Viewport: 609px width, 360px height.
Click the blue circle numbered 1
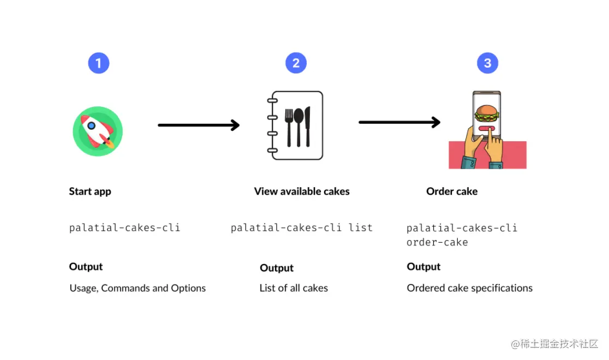pos(98,63)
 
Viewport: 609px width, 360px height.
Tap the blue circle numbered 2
pos(296,63)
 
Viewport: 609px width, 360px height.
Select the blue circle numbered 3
pos(487,63)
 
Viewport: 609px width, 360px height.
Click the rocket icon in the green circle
pos(98,131)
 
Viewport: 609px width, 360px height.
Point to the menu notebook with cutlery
pos(296,125)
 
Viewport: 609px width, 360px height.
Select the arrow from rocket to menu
pos(198,125)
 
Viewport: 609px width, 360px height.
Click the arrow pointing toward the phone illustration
pos(399,122)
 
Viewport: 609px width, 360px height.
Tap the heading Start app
pos(90,191)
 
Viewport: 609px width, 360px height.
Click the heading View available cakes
pos(302,191)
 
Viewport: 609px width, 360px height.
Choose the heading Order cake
pos(452,191)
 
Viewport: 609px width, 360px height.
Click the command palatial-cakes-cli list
pos(301,227)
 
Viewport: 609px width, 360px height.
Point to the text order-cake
pos(437,242)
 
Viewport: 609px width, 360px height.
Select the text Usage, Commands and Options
pos(138,288)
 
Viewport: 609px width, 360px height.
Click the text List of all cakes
pos(294,288)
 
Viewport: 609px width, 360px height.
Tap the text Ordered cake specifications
pos(469,288)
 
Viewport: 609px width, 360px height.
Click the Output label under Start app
pos(86,267)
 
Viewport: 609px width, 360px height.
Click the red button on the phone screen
pos(486,129)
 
